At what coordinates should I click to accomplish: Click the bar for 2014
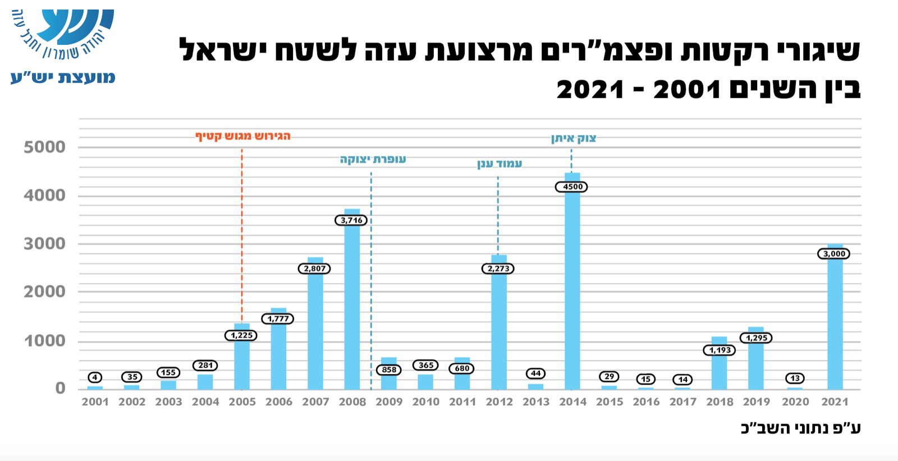[x=572, y=292]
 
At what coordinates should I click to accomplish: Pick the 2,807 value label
[x=314, y=269]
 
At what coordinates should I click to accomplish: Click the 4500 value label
[x=572, y=187]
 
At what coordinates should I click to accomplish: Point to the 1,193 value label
[x=720, y=350]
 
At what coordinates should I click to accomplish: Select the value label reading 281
[x=205, y=365]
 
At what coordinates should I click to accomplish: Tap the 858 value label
[x=389, y=370]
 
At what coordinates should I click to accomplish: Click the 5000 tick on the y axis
[x=44, y=147]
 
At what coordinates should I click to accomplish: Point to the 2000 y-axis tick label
[x=44, y=292]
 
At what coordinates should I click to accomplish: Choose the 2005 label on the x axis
[x=242, y=402]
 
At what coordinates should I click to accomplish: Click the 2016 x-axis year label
[x=646, y=402]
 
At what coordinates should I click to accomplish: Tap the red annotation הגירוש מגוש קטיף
[x=242, y=136]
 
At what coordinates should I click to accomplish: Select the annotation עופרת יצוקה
[x=373, y=159]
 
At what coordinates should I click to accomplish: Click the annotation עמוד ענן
[x=500, y=164]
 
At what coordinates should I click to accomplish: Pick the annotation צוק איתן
[x=573, y=139]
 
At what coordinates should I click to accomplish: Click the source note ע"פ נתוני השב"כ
[x=800, y=428]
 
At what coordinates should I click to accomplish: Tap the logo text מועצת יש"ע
[x=63, y=77]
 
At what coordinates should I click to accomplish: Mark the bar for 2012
[x=499, y=331]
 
